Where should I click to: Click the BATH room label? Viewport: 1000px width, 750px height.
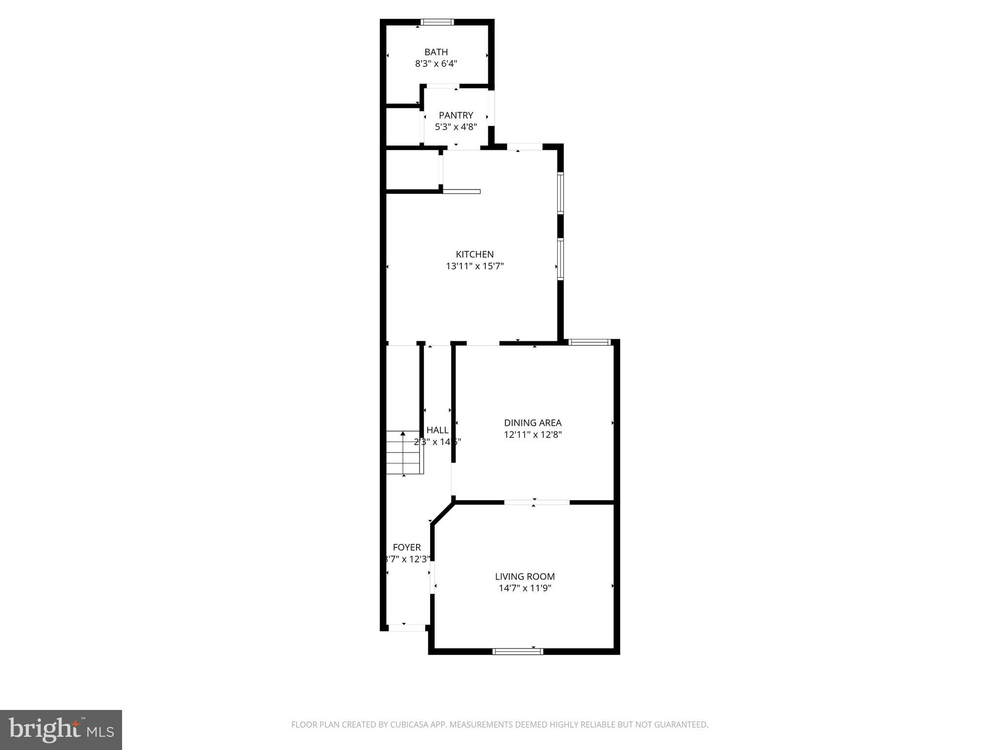[436, 52]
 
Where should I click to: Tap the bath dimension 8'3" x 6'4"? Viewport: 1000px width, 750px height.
[436, 63]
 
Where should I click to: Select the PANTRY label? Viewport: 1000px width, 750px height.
[456, 115]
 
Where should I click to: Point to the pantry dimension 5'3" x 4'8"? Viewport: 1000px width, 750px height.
[456, 127]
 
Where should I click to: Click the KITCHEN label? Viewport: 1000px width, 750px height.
[475, 254]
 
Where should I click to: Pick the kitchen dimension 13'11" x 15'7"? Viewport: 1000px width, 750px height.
[475, 266]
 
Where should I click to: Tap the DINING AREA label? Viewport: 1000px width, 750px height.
[533, 423]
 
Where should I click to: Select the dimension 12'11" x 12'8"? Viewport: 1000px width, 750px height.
[533, 435]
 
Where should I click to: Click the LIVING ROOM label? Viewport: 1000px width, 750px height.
[525, 577]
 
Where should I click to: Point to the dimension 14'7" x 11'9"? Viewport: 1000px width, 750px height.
[525, 588]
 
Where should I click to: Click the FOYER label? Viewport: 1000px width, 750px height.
[407, 547]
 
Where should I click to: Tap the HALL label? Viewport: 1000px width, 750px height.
[437, 430]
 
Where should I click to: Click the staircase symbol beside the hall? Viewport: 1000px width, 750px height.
[403, 453]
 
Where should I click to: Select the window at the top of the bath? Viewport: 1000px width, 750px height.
[437, 22]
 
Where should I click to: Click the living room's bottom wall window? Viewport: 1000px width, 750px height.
[518, 651]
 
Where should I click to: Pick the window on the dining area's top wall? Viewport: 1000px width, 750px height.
[590, 342]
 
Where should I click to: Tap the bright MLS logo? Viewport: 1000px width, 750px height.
[61, 729]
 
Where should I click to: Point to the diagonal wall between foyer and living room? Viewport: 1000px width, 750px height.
[443, 513]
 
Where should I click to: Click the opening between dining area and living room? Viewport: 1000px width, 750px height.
[537, 502]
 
